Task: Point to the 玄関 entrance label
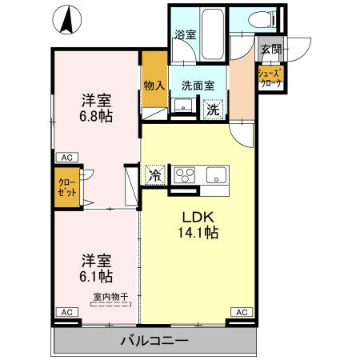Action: tap(270, 50)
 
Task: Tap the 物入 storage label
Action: tap(154, 85)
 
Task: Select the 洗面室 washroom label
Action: tap(197, 85)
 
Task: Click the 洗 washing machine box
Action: tap(214, 109)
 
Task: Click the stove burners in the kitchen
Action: tap(185, 175)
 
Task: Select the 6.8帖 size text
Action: tap(95, 117)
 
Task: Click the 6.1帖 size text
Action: tap(95, 276)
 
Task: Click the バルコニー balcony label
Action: tap(154, 341)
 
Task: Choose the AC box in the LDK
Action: tap(240, 311)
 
